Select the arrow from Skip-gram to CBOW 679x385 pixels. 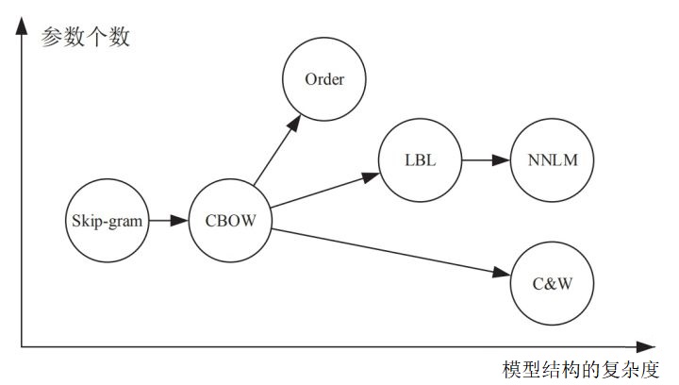point(169,221)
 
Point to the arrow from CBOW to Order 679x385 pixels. point(277,150)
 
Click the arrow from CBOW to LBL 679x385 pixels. point(325,190)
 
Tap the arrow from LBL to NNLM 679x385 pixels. point(486,160)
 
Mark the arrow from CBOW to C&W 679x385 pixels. point(391,252)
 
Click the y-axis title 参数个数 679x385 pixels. point(85,37)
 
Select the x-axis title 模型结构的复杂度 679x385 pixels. point(581,369)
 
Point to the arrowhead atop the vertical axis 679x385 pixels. point(21,25)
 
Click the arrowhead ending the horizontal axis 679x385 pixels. point(646,347)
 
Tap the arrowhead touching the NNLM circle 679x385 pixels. point(502,160)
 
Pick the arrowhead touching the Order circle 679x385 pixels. point(294,123)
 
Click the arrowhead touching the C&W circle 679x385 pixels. point(502,273)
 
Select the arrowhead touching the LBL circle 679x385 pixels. point(372,176)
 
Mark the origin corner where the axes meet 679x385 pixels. point(21,347)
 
